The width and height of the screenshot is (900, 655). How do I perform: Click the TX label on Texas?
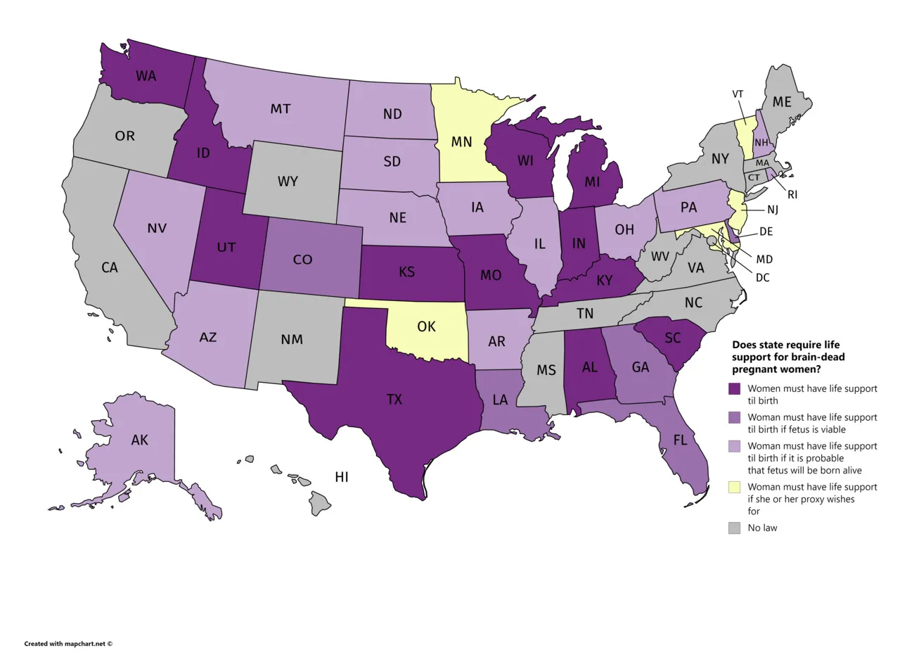coord(394,400)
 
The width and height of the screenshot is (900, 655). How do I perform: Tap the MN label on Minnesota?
coord(461,142)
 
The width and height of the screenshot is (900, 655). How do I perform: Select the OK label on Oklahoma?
coord(426,326)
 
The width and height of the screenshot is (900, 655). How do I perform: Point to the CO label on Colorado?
coord(302,260)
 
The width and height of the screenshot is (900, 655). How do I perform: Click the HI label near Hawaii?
coord(342,477)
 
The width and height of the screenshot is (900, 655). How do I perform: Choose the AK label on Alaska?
coord(139,440)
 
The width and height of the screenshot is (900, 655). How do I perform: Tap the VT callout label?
coord(738,94)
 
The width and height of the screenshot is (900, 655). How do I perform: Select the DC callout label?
coord(762,278)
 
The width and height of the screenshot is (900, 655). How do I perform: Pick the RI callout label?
coord(792,194)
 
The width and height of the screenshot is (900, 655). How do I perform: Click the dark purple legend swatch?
coord(735,388)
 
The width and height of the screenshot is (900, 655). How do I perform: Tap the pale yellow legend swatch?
coord(735,487)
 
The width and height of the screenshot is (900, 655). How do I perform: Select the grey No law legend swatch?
coord(735,528)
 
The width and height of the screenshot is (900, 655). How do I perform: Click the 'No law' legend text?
coord(762,528)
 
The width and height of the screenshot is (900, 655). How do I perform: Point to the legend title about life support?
coord(788,357)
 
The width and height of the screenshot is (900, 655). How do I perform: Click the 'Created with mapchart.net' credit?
coord(68,643)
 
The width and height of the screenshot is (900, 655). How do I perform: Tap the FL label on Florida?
coord(680,440)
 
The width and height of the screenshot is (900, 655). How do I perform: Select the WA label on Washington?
coord(146,76)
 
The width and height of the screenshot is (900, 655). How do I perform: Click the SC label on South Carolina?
coord(673,338)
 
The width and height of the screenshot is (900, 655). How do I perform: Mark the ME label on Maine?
coord(782,102)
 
